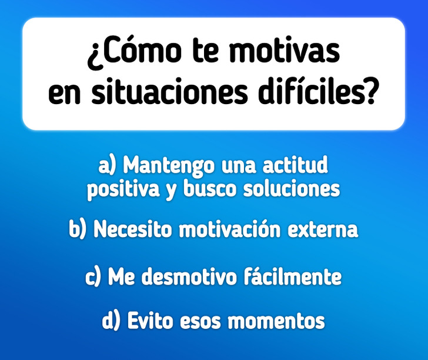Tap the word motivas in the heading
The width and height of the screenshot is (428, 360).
point(285,50)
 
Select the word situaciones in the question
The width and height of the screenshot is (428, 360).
point(169,91)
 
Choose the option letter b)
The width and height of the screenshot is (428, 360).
point(77,229)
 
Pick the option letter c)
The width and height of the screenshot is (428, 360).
point(93,276)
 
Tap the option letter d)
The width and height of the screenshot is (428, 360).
point(111,321)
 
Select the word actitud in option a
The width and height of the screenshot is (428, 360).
point(295,165)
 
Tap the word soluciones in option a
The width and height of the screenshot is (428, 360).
point(292,189)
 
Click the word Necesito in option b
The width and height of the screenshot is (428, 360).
point(133,229)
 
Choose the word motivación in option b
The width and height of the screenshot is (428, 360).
point(230,229)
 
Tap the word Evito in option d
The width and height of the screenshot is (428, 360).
point(150,321)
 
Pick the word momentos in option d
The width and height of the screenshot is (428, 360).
point(276,321)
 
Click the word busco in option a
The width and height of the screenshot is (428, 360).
point(209,188)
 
